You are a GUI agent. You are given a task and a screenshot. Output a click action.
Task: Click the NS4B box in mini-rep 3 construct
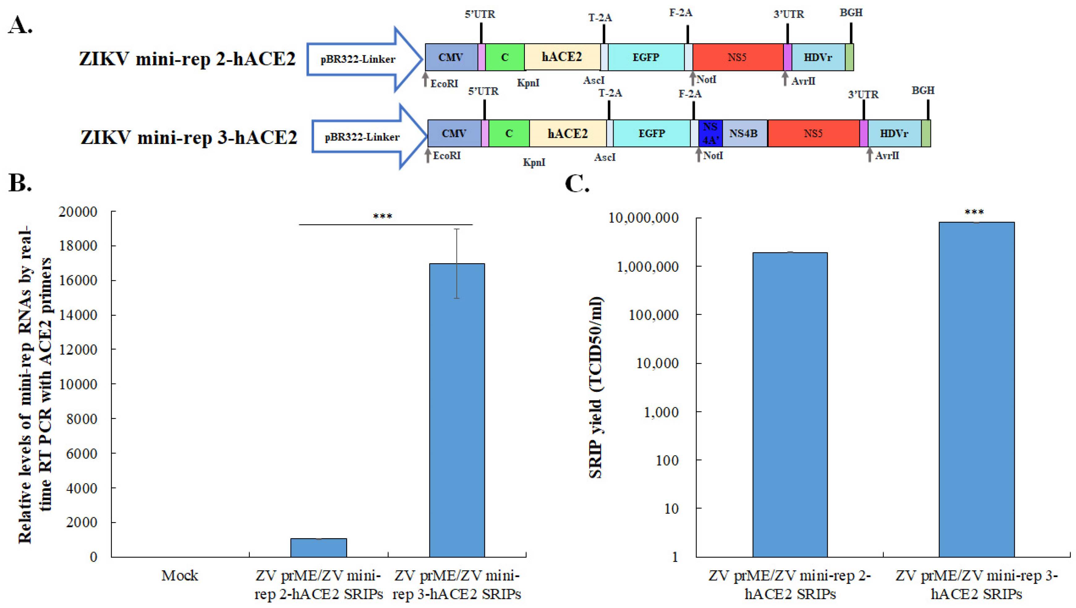(x=744, y=134)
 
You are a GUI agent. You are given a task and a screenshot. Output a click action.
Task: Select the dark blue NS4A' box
(x=710, y=134)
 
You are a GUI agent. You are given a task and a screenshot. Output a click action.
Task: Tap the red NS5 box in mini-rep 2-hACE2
(x=737, y=57)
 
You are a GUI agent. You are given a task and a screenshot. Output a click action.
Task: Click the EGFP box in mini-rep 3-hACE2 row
(x=652, y=134)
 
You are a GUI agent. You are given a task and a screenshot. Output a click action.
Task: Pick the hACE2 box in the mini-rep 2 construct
(x=562, y=57)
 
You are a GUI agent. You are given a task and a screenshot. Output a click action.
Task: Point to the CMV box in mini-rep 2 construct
(x=451, y=57)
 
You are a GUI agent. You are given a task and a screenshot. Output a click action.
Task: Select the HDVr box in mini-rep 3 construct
(x=894, y=134)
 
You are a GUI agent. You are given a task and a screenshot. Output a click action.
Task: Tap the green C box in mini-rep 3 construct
(x=509, y=134)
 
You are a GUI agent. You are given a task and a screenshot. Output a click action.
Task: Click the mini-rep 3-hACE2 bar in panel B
(x=457, y=409)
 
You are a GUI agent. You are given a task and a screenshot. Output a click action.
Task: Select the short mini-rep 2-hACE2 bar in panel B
(x=319, y=547)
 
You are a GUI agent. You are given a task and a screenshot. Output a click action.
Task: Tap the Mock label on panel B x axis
(x=180, y=576)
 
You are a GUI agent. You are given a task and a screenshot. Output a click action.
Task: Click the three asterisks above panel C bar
(x=974, y=213)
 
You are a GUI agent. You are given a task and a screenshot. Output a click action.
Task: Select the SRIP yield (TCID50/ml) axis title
(x=595, y=387)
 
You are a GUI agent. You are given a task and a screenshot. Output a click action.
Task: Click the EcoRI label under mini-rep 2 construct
(x=444, y=84)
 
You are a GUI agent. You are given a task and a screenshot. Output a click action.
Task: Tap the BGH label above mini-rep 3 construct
(x=923, y=91)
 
